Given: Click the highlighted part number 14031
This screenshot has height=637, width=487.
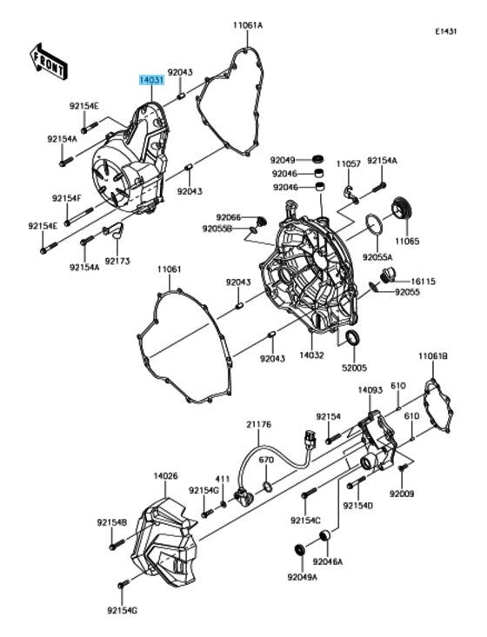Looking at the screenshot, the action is point(151,80).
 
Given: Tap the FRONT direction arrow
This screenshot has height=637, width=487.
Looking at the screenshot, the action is point(48,61).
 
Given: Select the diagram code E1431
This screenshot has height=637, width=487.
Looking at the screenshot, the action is point(446,31).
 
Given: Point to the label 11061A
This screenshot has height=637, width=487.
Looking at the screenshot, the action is point(248,25).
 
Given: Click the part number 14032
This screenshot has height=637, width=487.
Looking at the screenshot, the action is point(312,355).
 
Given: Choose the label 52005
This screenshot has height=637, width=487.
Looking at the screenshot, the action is point(354,368).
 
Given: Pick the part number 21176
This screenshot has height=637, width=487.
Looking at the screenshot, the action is point(258,425).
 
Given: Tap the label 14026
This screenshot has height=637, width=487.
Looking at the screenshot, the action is point(165,475).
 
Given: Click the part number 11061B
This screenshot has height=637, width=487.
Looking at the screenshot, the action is point(433,356).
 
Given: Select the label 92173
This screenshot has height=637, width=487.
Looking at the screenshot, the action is point(117,261).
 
